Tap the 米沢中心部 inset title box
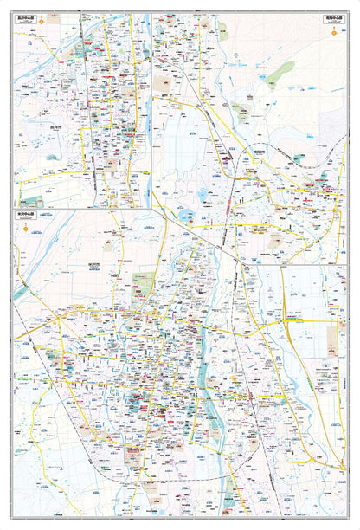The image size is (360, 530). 29,212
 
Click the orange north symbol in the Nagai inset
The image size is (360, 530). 26,33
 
